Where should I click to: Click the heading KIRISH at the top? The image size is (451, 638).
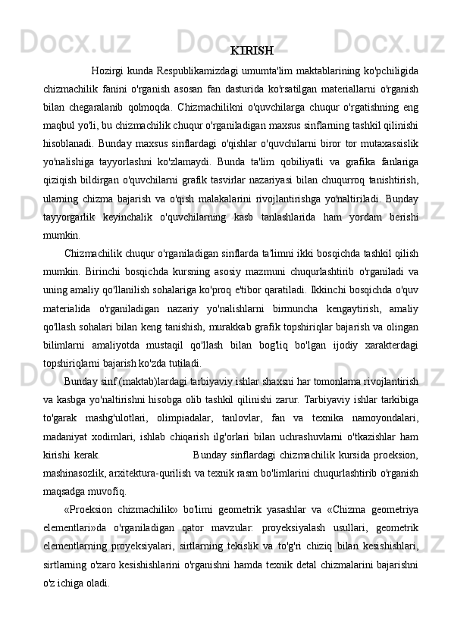tap(251, 52)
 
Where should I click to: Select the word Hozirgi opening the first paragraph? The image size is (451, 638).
tap(107, 72)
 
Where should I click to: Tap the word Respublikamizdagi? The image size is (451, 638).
tap(199, 72)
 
